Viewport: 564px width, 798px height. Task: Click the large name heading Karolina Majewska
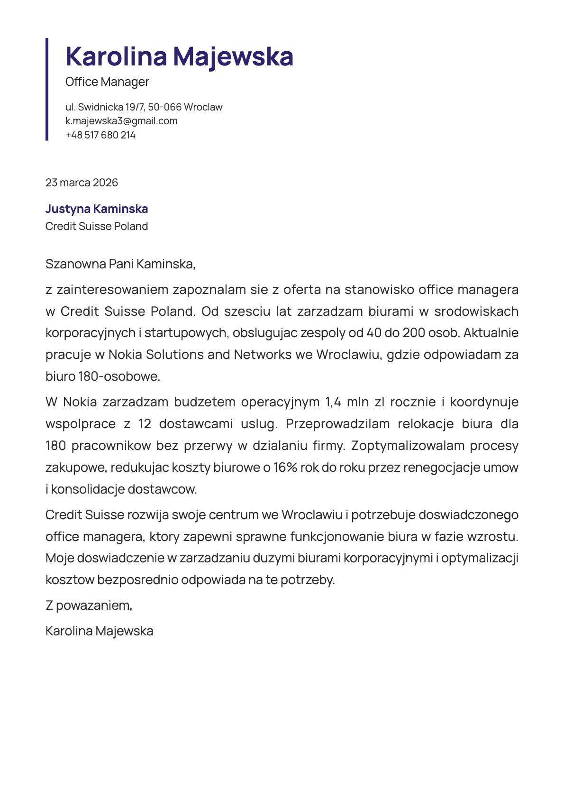coord(179,56)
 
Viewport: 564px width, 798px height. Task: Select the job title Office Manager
coord(107,82)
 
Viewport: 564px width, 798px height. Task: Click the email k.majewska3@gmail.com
coord(121,121)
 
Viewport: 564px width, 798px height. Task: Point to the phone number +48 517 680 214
coord(100,135)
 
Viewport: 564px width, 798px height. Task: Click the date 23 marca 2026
coord(82,183)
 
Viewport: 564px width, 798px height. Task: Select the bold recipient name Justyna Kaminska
coord(97,209)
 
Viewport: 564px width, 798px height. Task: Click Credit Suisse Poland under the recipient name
coord(97,226)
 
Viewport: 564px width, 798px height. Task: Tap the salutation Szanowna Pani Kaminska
coord(120,264)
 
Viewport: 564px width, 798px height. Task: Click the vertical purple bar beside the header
coord(47,89)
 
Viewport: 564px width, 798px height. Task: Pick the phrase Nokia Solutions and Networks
coord(200,355)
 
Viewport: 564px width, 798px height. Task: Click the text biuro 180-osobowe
coord(103,376)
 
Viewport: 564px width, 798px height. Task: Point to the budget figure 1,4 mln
coord(346,402)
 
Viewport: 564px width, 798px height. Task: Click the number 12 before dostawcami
coord(145,424)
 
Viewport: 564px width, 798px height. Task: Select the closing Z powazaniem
coord(89,605)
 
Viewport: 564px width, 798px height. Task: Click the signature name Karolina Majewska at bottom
coord(99,631)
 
